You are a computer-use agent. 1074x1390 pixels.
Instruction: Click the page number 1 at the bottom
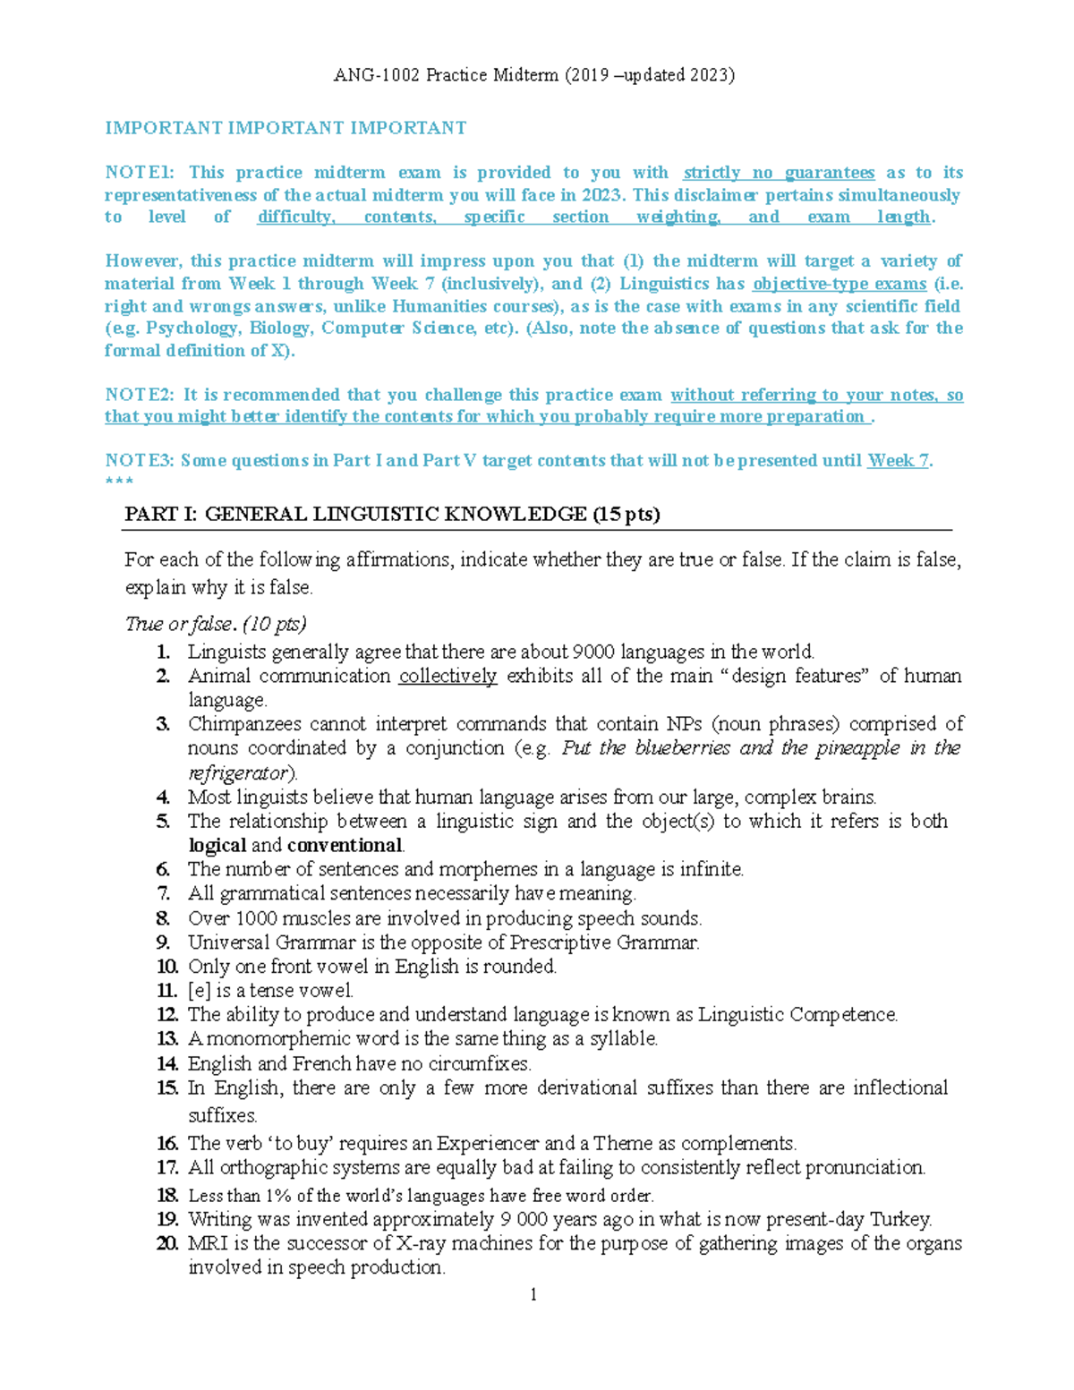pyautogui.click(x=533, y=1294)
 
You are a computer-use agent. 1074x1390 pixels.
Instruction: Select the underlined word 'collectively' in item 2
pyautogui.click(x=447, y=676)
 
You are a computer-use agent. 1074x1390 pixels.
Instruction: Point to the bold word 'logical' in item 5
pyautogui.click(x=217, y=846)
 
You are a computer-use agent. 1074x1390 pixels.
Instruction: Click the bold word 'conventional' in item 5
pyautogui.click(x=345, y=846)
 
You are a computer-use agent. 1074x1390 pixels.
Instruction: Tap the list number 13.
pyautogui.click(x=167, y=1039)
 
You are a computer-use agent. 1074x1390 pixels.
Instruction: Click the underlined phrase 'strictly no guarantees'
pyautogui.click(x=779, y=173)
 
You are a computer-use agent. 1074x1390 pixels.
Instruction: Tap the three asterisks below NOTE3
pyautogui.click(x=119, y=482)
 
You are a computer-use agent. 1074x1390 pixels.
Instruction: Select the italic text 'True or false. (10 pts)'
pyautogui.click(x=216, y=624)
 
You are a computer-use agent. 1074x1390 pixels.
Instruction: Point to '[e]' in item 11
pyautogui.click(x=199, y=991)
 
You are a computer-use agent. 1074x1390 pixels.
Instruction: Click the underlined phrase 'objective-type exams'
pyautogui.click(x=840, y=284)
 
